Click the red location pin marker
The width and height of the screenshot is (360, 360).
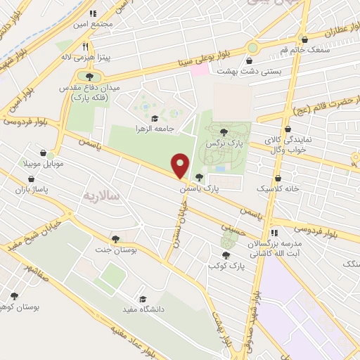click(181, 165)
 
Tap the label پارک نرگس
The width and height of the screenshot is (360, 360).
click(219, 143)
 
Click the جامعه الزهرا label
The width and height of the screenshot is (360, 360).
click(155, 129)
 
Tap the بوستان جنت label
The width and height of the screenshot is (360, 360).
click(115, 250)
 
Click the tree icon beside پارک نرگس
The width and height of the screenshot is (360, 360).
click(224, 131)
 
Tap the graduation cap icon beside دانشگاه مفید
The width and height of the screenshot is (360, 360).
click(143, 298)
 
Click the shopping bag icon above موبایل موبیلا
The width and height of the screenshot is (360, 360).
click(44, 152)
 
